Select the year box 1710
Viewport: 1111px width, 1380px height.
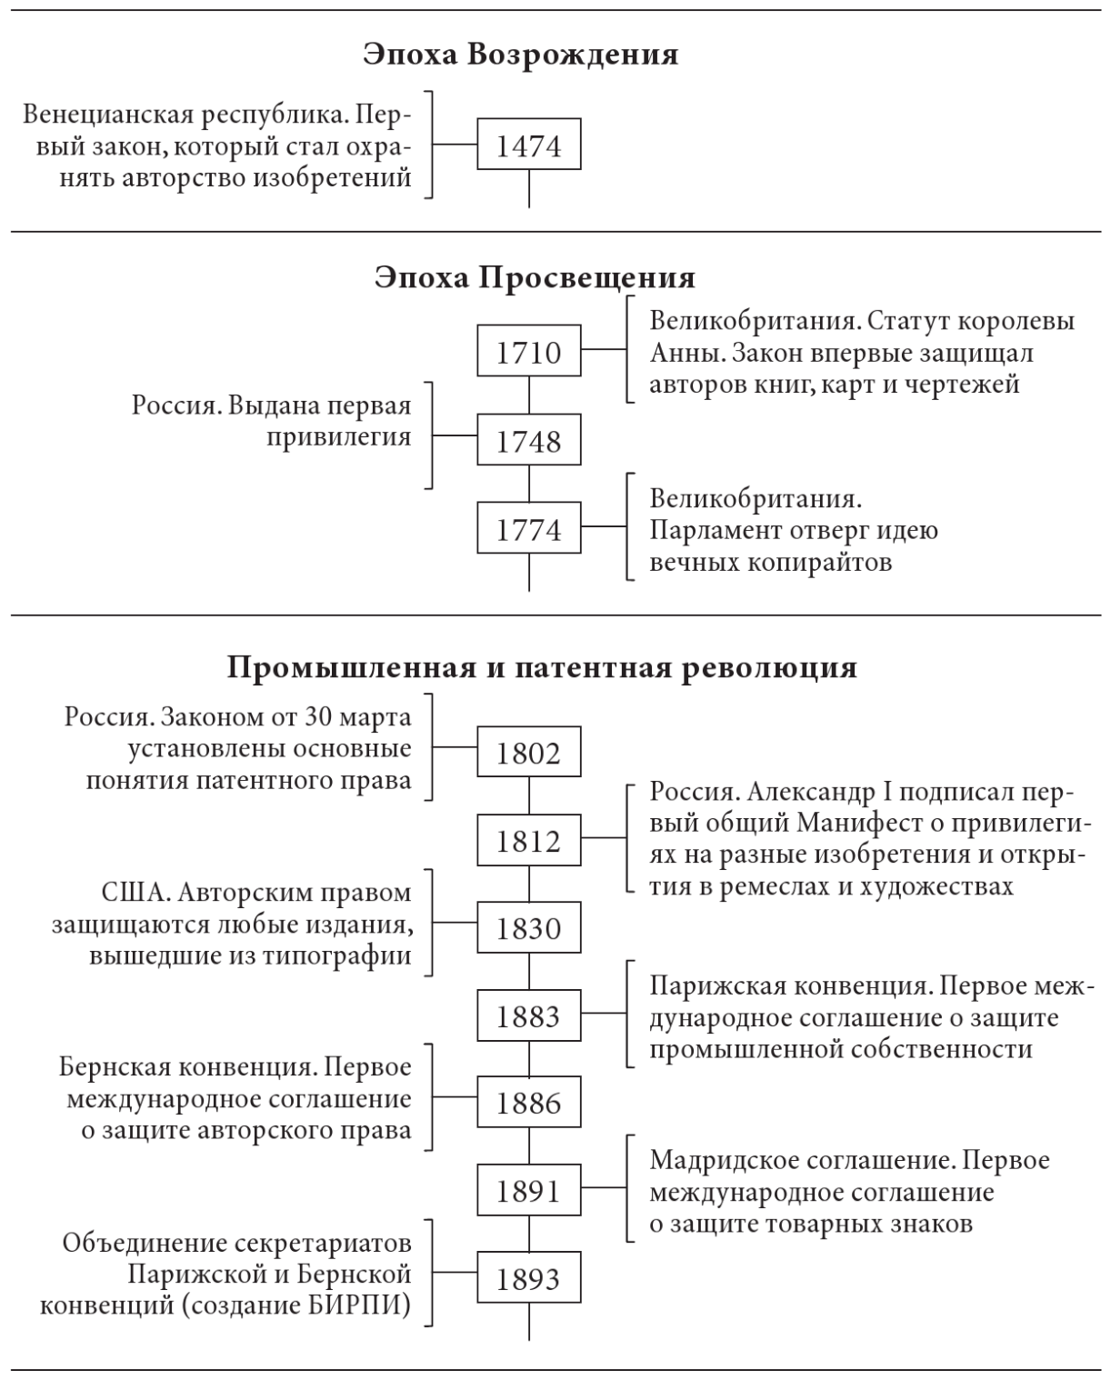[x=529, y=352]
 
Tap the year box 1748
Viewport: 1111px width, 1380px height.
[x=529, y=441]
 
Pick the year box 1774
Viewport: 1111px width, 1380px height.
[x=529, y=529]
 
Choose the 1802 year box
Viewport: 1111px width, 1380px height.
[x=529, y=752]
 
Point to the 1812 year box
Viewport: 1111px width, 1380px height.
[x=529, y=841]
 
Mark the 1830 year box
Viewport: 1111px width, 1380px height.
[x=529, y=928]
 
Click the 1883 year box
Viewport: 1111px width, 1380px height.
[x=529, y=1015]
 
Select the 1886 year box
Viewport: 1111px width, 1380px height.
[x=529, y=1103]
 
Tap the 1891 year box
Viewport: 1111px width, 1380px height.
[x=529, y=1190]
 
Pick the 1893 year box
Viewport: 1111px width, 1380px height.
[x=529, y=1278]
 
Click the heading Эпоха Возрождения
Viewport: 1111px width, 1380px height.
[x=521, y=55]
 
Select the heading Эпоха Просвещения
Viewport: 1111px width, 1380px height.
[x=535, y=277]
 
